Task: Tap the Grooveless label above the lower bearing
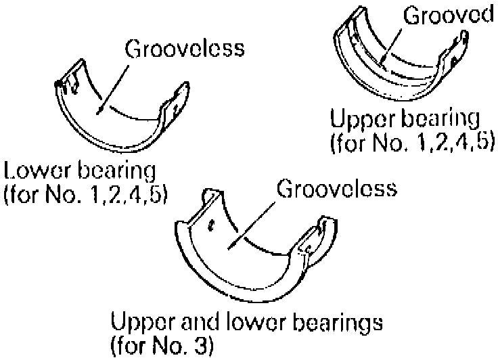tap(185, 50)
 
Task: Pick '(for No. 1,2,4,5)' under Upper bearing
tap(411, 143)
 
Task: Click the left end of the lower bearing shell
tap(68, 88)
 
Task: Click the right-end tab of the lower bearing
tap(173, 102)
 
